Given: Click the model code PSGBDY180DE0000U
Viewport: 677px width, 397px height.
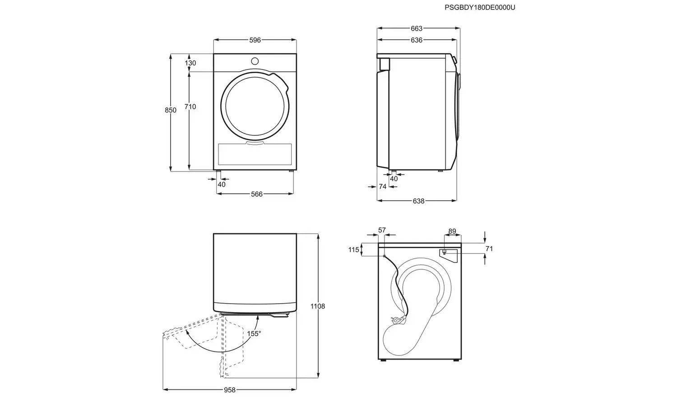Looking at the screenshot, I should pyautogui.click(x=480, y=7).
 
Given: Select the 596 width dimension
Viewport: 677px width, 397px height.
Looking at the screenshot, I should pyautogui.click(x=255, y=40).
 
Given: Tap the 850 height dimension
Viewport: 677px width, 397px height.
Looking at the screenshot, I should pyautogui.click(x=171, y=110).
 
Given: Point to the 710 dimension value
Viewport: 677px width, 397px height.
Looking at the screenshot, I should pyautogui.click(x=190, y=107).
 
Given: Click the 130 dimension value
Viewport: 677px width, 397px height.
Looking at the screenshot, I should pyautogui.click(x=190, y=63).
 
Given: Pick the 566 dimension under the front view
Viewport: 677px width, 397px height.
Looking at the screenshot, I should pyautogui.click(x=256, y=194).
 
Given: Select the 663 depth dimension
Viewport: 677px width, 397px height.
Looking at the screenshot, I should pyautogui.click(x=417, y=28).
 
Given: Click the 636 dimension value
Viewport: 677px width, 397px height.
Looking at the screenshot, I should pyautogui.click(x=417, y=40).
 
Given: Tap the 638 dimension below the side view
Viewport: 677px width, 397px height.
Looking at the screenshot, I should pyautogui.click(x=418, y=201).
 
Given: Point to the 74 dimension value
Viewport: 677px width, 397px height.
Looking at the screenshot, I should pyautogui.click(x=383, y=186).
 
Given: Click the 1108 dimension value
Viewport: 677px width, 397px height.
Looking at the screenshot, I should pyautogui.click(x=318, y=306).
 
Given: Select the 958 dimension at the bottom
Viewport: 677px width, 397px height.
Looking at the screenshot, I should pyautogui.click(x=229, y=390).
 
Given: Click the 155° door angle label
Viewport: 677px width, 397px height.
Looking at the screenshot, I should pyautogui.click(x=254, y=334).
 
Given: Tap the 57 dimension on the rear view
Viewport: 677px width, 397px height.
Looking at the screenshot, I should pyautogui.click(x=382, y=231).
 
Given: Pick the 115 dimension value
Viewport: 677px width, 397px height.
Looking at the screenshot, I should pyautogui.click(x=353, y=249).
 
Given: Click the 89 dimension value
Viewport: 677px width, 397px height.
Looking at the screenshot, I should pyautogui.click(x=452, y=231).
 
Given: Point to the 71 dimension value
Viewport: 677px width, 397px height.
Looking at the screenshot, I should pyautogui.click(x=489, y=249).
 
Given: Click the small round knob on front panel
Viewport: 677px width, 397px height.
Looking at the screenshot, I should pyautogui.click(x=255, y=61).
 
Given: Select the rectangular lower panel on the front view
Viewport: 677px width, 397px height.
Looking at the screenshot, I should pyautogui.click(x=255, y=154).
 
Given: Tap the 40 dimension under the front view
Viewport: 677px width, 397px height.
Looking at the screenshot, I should pyautogui.click(x=221, y=185).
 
